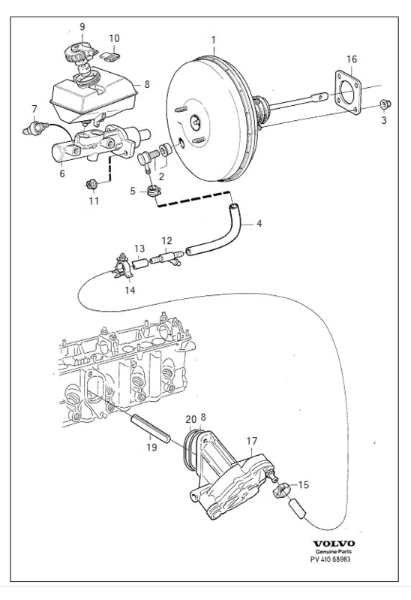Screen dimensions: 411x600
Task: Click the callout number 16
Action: [351, 59]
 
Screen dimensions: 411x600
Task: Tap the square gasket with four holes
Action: [347, 92]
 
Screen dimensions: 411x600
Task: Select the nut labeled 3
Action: [385, 104]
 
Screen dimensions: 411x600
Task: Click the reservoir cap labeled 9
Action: [79, 53]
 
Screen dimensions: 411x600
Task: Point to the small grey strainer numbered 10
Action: [109, 56]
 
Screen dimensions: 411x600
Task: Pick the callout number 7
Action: [34, 109]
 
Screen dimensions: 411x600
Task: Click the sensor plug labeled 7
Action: [35, 128]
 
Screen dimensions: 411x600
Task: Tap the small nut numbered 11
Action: [92, 185]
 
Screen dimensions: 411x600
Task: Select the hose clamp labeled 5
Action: [153, 191]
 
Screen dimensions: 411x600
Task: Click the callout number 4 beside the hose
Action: [259, 223]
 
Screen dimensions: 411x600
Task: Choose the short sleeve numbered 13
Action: [140, 264]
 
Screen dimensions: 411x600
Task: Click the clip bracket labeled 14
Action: [124, 266]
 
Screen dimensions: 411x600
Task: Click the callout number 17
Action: [252, 441]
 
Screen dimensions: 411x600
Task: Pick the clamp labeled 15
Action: [281, 490]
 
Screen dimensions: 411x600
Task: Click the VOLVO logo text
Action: [334, 544]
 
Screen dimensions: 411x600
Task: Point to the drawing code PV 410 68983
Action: [330, 559]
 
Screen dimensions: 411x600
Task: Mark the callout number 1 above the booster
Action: [213, 40]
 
